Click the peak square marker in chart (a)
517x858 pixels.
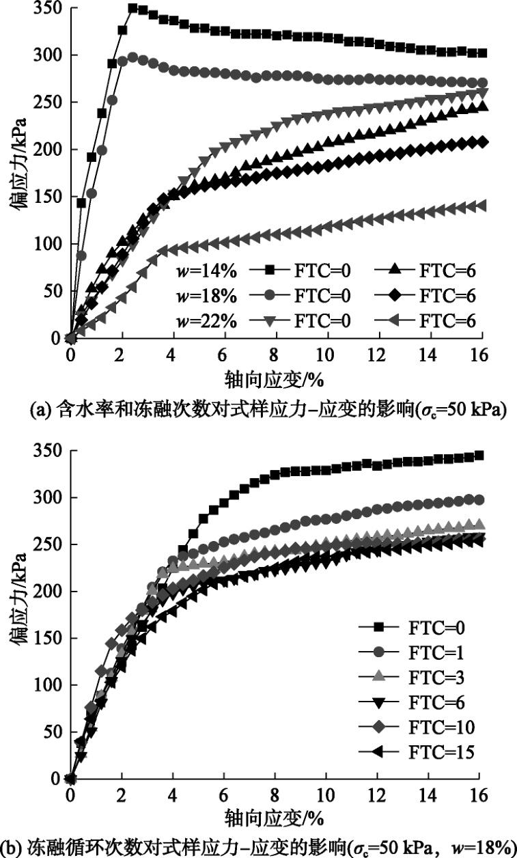point(132,8)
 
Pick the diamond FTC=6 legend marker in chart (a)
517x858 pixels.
point(399,296)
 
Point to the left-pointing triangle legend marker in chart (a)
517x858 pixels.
point(399,318)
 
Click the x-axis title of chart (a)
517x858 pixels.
point(275,379)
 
